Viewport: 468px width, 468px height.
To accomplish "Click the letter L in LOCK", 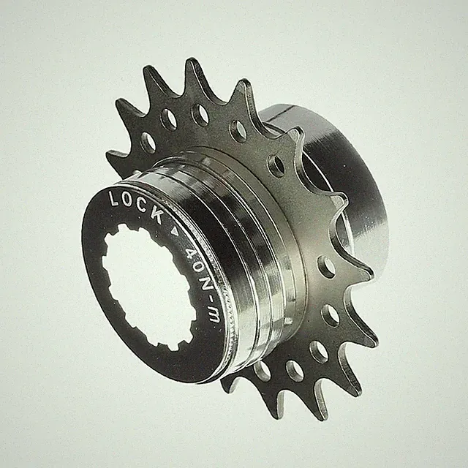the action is [x=115, y=198].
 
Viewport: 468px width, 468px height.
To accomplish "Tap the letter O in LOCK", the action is [x=129, y=201].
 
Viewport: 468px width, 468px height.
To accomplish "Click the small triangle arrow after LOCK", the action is [x=175, y=232].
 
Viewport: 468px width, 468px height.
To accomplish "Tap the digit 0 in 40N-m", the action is [x=200, y=268].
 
